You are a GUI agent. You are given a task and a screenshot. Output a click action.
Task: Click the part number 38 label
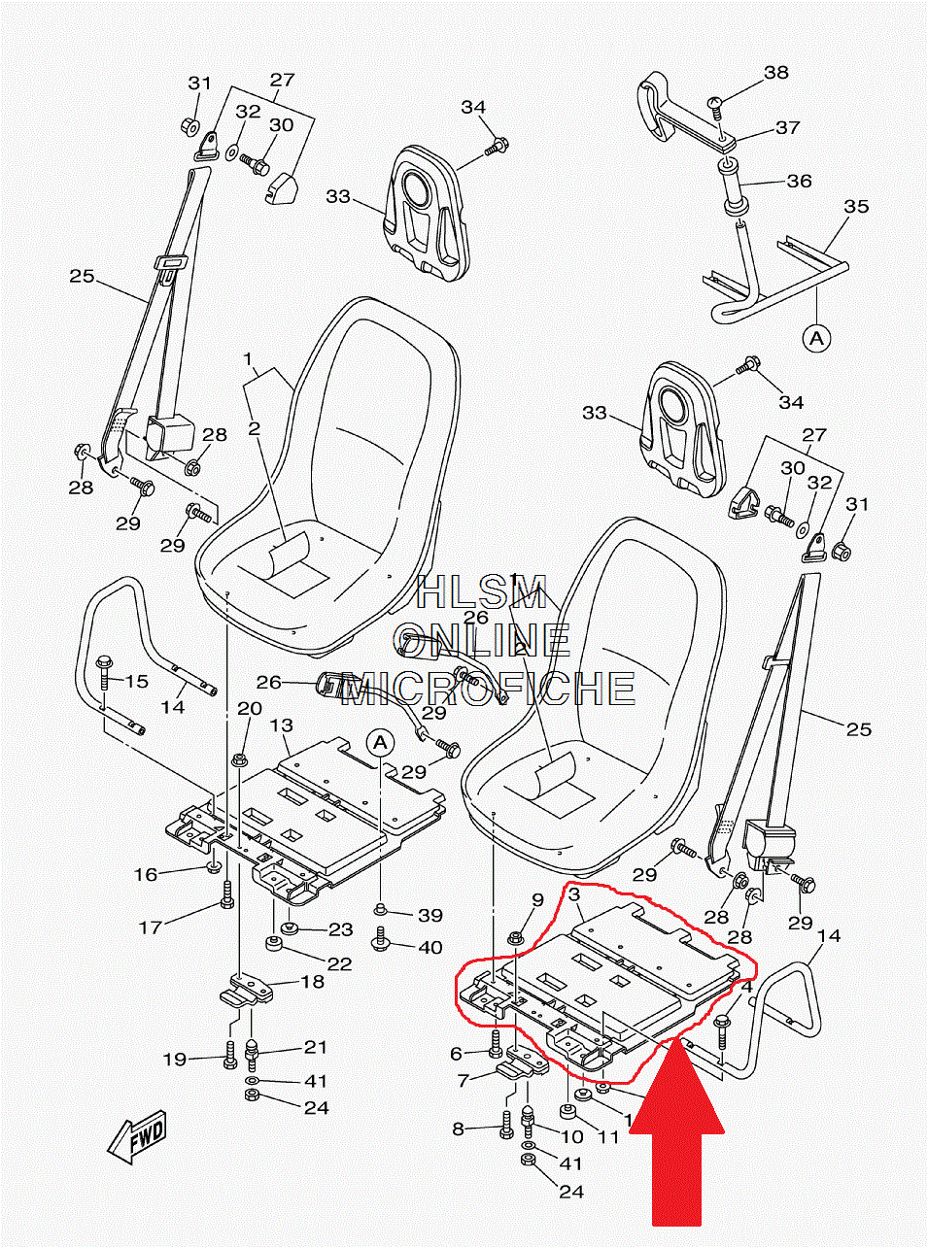[x=775, y=73]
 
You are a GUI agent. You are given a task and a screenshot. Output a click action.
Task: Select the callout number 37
[x=787, y=127]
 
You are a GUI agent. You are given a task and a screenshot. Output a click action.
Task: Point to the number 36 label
[x=799, y=181]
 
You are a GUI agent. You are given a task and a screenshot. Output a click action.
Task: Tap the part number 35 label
[x=855, y=207]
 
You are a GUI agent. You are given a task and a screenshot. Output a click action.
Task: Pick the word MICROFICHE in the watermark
[x=489, y=689]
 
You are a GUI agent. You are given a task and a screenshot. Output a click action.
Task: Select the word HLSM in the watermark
[x=481, y=592]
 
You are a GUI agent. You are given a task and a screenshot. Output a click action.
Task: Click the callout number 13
[x=281, y=725]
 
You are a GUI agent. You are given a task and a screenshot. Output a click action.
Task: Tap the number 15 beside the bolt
[x=137, y=681]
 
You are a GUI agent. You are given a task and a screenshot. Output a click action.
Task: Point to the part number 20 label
[x=250, y=708]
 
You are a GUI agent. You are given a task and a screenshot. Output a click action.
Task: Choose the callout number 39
[x=430, y=915]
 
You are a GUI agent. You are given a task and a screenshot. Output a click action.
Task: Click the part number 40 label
[x=430, y=947]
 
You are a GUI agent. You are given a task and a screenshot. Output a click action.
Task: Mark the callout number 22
[x=339, y=963]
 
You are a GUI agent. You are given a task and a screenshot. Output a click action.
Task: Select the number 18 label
[x=312, y=982]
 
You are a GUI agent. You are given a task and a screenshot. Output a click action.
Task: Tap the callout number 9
[x=537, y=900]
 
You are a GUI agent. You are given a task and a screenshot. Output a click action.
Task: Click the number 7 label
[x=464, y=1080]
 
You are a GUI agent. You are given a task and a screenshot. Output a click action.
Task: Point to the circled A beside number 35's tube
[x=816, y=338]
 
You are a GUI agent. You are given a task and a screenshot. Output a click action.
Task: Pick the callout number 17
[x=150, y=927]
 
